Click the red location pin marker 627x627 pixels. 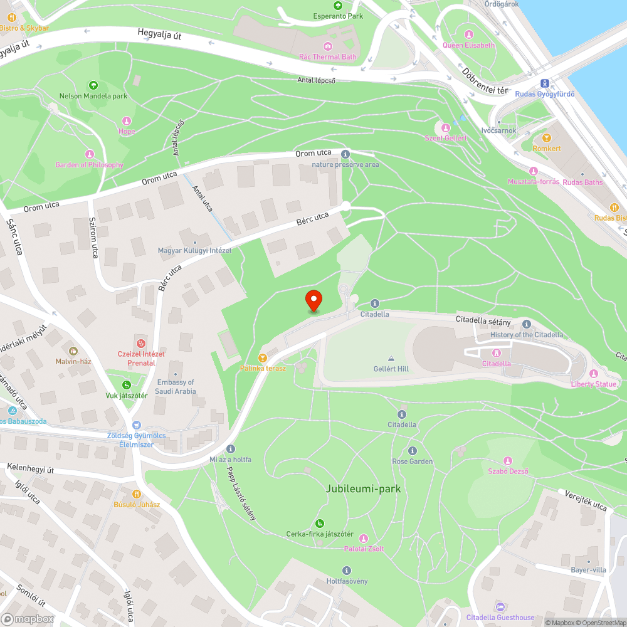[313, 300]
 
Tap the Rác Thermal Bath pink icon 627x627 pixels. [327, 46]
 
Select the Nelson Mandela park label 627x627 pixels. [93, 96]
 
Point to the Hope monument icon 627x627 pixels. [127, 120]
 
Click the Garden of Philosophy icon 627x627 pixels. [89, 154]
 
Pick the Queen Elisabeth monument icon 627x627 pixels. [468, 34]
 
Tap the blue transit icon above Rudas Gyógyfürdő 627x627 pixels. [544, 83]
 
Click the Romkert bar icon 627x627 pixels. [546, 137]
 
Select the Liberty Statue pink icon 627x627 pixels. [593, 373]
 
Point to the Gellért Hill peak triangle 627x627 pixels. [391, 358]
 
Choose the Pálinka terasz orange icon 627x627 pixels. [262, 357]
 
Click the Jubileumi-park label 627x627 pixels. [363, 488]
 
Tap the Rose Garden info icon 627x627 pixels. [412, 451]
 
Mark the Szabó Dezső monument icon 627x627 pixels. [508, 460]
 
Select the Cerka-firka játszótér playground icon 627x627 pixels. [320, 523]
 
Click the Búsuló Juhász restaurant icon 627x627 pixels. [137, 493]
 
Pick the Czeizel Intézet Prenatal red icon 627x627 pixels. [141, 343]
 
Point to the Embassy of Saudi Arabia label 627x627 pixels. [176, 387]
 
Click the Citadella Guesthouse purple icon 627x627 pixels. [500, 606]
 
